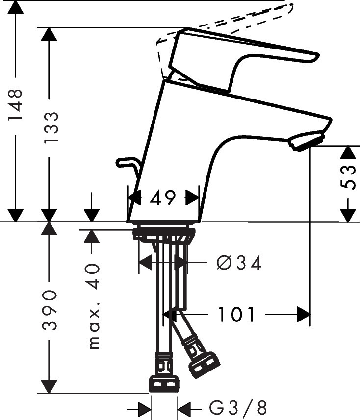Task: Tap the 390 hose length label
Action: coord(50,310)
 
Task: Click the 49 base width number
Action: coord(163,198)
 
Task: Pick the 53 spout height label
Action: coord(348,176)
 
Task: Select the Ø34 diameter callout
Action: coord(238,263)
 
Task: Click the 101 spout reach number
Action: coord(236,314)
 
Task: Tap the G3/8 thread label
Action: coord(237,408)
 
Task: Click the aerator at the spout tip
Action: coord(307,141)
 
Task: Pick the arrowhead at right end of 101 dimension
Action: coord(304,314)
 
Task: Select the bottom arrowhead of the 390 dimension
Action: coord(49,386)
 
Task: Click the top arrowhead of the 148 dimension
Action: coord(16,7)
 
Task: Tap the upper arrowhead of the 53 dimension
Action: coord(348,153)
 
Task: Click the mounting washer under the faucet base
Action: coord(164,234)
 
